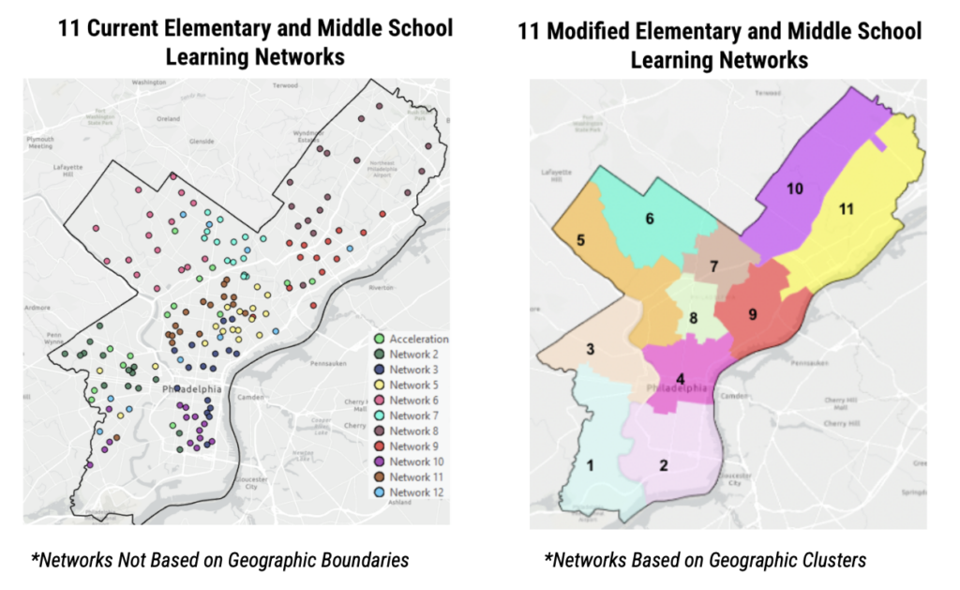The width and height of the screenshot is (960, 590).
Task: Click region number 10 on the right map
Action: [x=795, y=189]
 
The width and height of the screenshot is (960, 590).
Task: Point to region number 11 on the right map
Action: [x=846, y=209]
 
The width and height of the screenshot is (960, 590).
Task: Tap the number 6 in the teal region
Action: [x=649, y=219]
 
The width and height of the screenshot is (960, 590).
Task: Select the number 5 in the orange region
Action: [x=580, y=240]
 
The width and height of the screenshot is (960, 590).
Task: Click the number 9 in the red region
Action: [x=752, y=314]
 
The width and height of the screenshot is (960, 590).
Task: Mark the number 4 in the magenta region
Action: [x=680, y=378]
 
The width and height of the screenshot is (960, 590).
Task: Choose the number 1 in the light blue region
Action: [x=590, y=464]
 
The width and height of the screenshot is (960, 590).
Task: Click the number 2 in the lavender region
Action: [x=663, y=465]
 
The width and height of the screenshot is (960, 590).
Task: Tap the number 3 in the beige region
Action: [x=590, y=349]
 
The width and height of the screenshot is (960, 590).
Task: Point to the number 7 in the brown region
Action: [x=713, y=266]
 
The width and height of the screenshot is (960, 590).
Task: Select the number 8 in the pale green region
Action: [x=693, y=318]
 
